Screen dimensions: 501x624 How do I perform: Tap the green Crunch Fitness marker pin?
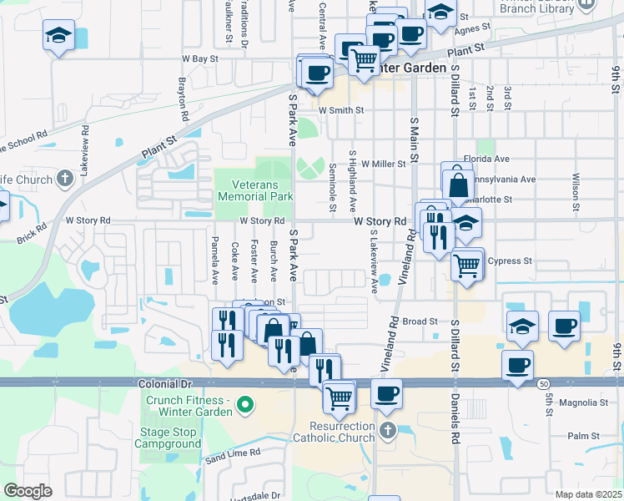point(244,407)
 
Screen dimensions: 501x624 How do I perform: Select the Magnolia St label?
point(583,402)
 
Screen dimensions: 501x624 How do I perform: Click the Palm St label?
point(583,436)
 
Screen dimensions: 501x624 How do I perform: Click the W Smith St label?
point(341,109)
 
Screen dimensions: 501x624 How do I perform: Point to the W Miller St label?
point(383,164)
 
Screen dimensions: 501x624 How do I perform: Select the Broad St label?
point(420,321)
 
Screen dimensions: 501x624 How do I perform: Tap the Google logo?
point(28,490)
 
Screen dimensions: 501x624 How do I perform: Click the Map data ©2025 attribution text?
point(588,494)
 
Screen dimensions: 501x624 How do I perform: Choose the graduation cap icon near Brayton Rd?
point(58,36)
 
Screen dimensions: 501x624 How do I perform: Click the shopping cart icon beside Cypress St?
point(467,266)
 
